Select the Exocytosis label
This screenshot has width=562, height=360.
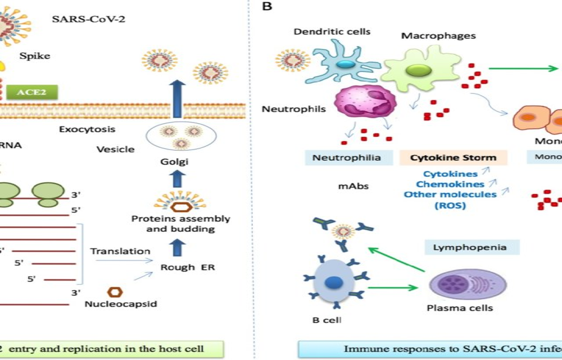87,129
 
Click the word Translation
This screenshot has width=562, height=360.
120,251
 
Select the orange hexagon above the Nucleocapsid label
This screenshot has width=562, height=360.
116,292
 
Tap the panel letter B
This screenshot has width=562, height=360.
268,7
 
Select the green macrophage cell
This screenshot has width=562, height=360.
416,70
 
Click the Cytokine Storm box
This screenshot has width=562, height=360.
453,158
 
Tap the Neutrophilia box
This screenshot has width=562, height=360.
346,158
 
